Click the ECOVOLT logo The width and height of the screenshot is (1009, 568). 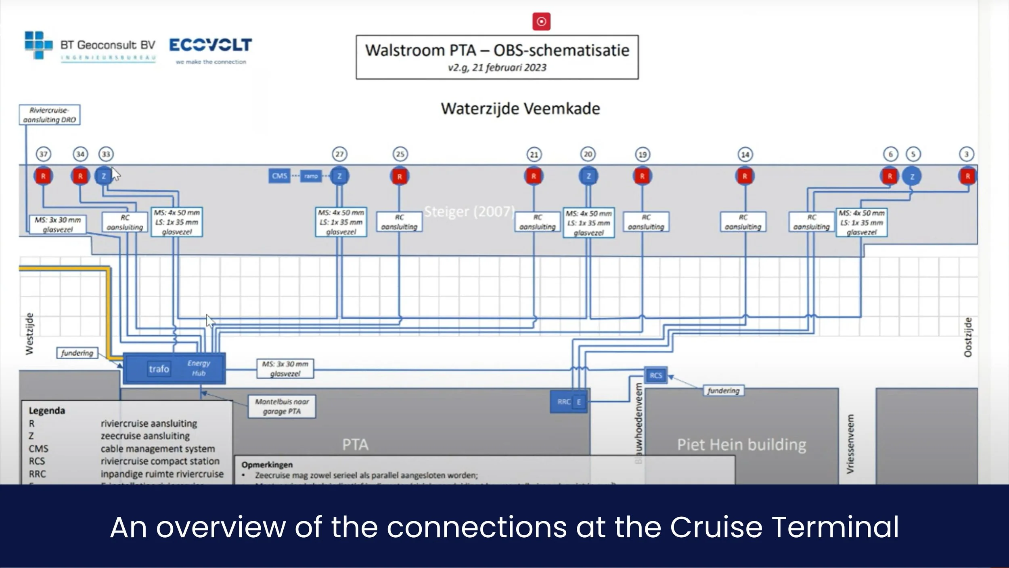(x=210, y=45)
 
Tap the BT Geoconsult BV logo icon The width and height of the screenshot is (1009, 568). (x=38, y=45)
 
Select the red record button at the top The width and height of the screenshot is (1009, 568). (x=541, y=21)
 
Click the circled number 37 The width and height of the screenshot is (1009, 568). (x=43, y=154)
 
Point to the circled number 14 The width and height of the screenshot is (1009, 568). (x=745, y=154)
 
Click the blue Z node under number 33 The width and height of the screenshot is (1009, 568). (x=104, y=176)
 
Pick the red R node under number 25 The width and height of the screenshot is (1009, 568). (x=400, y=177)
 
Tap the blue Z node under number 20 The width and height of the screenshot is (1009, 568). (x=588, y=176)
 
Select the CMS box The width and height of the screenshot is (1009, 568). (x=279, y=176)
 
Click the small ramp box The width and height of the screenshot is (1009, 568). (x=311, y=176)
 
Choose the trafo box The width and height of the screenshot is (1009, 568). (x=159, y=369)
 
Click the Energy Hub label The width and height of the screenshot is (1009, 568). (x=199, y=368)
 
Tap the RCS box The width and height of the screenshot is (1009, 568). (x=655, y=375)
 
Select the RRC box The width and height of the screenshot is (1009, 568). (x=563, y=402)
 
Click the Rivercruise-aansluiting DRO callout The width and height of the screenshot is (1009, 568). (x=50, y=115)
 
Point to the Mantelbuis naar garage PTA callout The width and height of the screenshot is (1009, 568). (x=282, y=406)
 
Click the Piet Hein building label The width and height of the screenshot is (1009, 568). (x=741, y=444)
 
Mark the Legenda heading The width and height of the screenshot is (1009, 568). (x=47, y=410)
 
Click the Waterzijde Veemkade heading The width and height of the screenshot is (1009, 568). (x=520, y=109)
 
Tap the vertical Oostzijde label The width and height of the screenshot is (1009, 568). (x=967, y=337)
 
